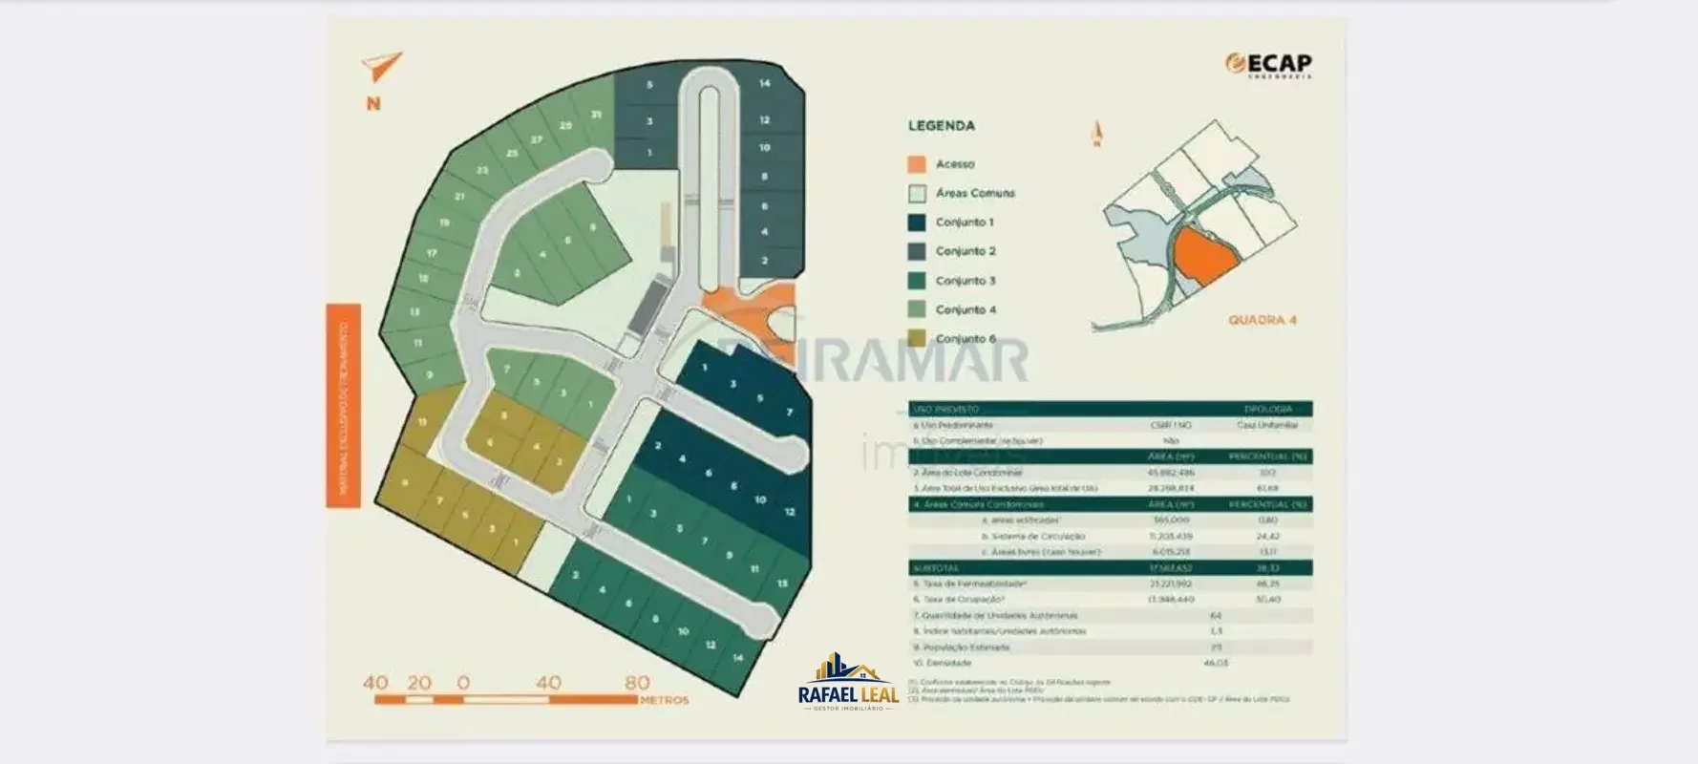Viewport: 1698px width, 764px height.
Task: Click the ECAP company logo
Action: pos(1268,65)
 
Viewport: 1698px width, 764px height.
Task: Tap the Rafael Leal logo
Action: pos(848,684)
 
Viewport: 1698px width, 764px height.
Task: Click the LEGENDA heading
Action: pos(941,125)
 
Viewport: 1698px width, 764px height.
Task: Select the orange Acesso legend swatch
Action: pos(917,164)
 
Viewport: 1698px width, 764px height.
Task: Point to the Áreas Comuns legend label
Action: pos(975,193)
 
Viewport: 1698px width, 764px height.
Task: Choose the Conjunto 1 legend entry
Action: pos(965,223)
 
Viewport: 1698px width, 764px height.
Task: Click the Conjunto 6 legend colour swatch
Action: pos(917,339)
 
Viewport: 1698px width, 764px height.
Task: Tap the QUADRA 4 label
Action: pos(1263,320)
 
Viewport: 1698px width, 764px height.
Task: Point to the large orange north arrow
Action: pos(381,67)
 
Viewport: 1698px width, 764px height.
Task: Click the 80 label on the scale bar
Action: pos(637,683)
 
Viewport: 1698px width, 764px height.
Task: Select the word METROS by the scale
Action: pos(664,700)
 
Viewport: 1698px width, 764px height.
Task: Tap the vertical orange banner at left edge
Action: pos(344,406)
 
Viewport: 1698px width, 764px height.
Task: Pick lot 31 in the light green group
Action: pos(596,115)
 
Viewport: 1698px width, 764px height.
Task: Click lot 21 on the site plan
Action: pos(459,197)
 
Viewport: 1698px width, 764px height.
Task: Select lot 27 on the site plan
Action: pos(536,139)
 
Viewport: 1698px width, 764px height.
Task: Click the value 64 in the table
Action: pos(1216,616)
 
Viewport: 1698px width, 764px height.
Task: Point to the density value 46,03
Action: pos(1216,663)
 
